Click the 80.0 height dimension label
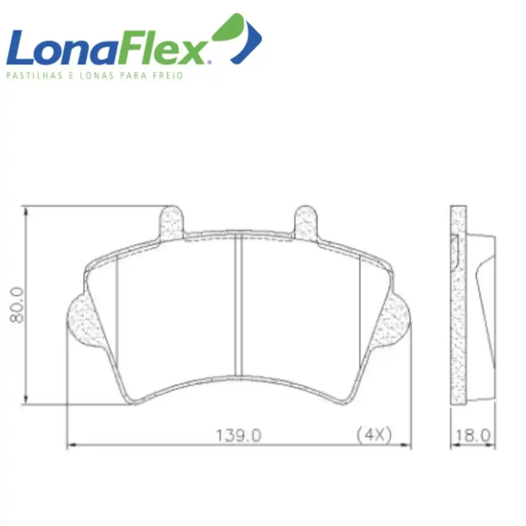pyautogui.click(x=17, y=305)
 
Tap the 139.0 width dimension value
pyautogui.click(x=238, y=436)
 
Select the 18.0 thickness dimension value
pyautogui.click(x=473, y=436)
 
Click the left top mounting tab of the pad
pyautogui.click(x=172, y=223)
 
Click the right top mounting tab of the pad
pyautogui.click(x=306, y=223)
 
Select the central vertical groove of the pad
pyautogui.click(x=238, y=304)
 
